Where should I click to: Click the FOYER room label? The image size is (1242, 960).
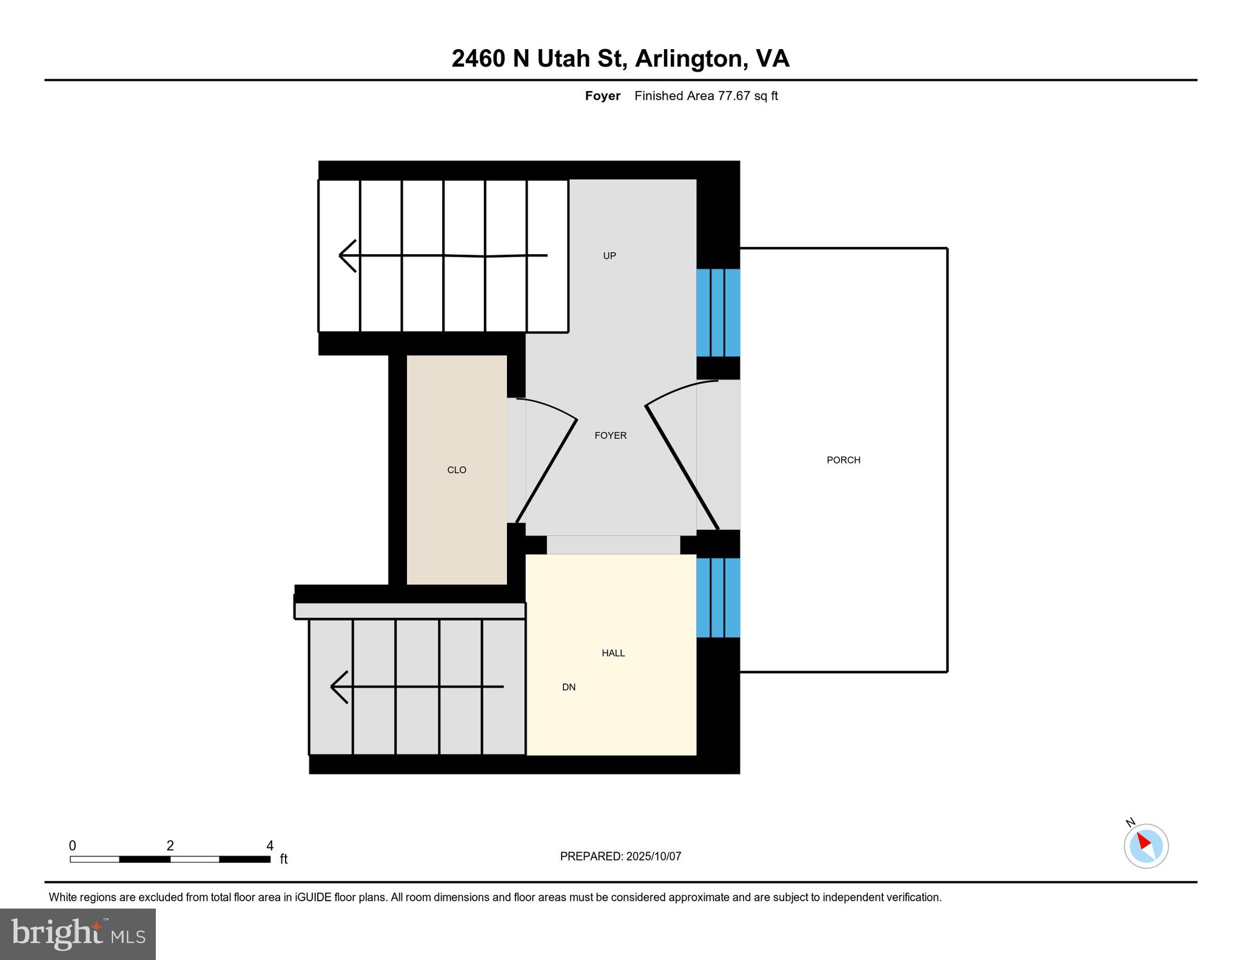(x=610, y=435)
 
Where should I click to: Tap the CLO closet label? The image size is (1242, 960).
(x=457, y=470)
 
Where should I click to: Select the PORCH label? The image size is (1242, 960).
(x=843, y=460)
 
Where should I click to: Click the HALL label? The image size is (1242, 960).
(x=613, y=653)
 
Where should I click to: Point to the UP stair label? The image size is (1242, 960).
(x=609, y=256)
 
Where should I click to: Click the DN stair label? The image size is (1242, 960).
(x=568, y=687)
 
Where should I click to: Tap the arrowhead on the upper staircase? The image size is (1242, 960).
(x=347, y=256)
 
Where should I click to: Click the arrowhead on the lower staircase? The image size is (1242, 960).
(x=338, y=686)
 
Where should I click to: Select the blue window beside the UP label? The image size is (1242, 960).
(x=718, y=312)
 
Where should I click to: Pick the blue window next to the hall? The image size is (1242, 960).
(x=718, y=597)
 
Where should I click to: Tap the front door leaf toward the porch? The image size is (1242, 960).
(x=682, y=468)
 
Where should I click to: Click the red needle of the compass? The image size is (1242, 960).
(x=1143, y=841)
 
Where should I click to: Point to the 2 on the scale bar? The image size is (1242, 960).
(x=170, y=845)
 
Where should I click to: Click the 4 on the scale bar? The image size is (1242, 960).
(x=270, y=845)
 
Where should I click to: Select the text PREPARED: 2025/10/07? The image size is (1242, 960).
(x=620, y=856)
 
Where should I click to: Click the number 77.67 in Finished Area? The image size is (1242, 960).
(x=734, y=96)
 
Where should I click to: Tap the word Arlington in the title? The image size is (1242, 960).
(x=688, y=59)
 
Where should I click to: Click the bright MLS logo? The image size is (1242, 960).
(x=78, y=934)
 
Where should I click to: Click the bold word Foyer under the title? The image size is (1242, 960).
(x=602, y=96)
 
